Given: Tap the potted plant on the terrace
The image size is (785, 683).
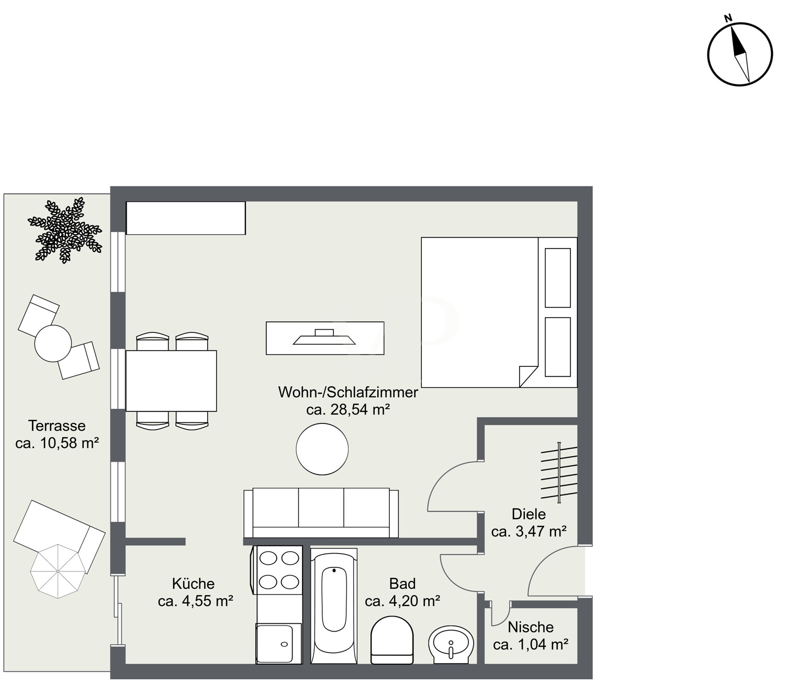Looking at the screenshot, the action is tap(64, 230).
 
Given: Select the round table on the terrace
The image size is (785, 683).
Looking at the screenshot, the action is tap(53, 343).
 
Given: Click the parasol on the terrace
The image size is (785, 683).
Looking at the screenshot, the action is tap(58, 571).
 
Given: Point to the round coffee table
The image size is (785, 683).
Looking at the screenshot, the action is tap(322, 450).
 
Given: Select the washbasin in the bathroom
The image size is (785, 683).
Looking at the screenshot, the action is tap(451, 645).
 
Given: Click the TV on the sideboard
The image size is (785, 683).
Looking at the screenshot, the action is tap(324, 337).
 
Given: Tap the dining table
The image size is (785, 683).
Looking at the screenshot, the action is tap(171, 380).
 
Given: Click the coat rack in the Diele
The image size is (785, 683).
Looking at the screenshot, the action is tap(559, 473).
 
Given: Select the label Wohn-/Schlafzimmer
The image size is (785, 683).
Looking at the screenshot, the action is tap(348, 392).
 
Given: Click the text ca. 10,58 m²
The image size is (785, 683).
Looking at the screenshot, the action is tap(57, 443).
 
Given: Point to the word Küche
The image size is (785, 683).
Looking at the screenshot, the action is tap(193, 584).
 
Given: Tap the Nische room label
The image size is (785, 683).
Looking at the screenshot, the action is tap(531, 628).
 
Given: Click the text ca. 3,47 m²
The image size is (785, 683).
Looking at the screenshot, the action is tap(529, 531).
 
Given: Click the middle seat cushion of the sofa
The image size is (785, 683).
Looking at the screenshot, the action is tap(321, 508).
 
